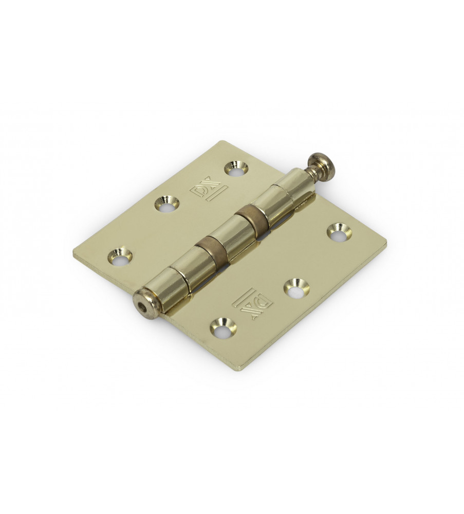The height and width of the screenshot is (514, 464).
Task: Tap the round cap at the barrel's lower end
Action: click(146, 301)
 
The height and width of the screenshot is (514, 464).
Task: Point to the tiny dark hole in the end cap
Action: click(141, 305)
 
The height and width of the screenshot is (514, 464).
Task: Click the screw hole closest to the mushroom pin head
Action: click(236, 168)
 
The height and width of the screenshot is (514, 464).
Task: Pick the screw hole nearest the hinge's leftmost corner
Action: click(120, 255)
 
